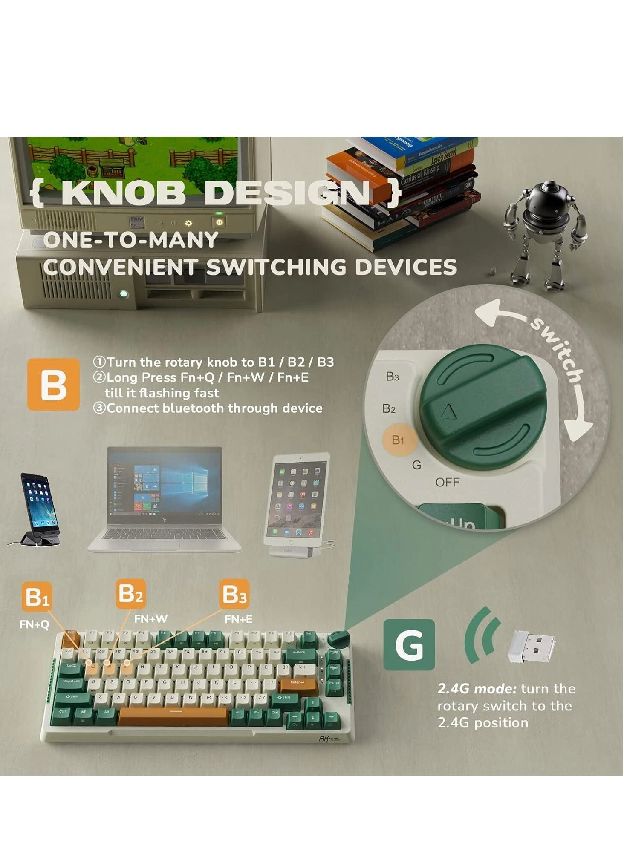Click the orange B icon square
coord(53,385)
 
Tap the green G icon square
coord(409,644)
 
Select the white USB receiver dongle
coord(531,646)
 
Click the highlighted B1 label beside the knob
coord(398,440)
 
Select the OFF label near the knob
coord(447,482)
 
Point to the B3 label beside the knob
coord(392,377)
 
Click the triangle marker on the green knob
coord(449,412)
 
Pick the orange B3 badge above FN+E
coord(234,594)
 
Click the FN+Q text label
coord(34,624)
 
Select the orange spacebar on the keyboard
coord(173,716)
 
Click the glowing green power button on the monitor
coord(219,222)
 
